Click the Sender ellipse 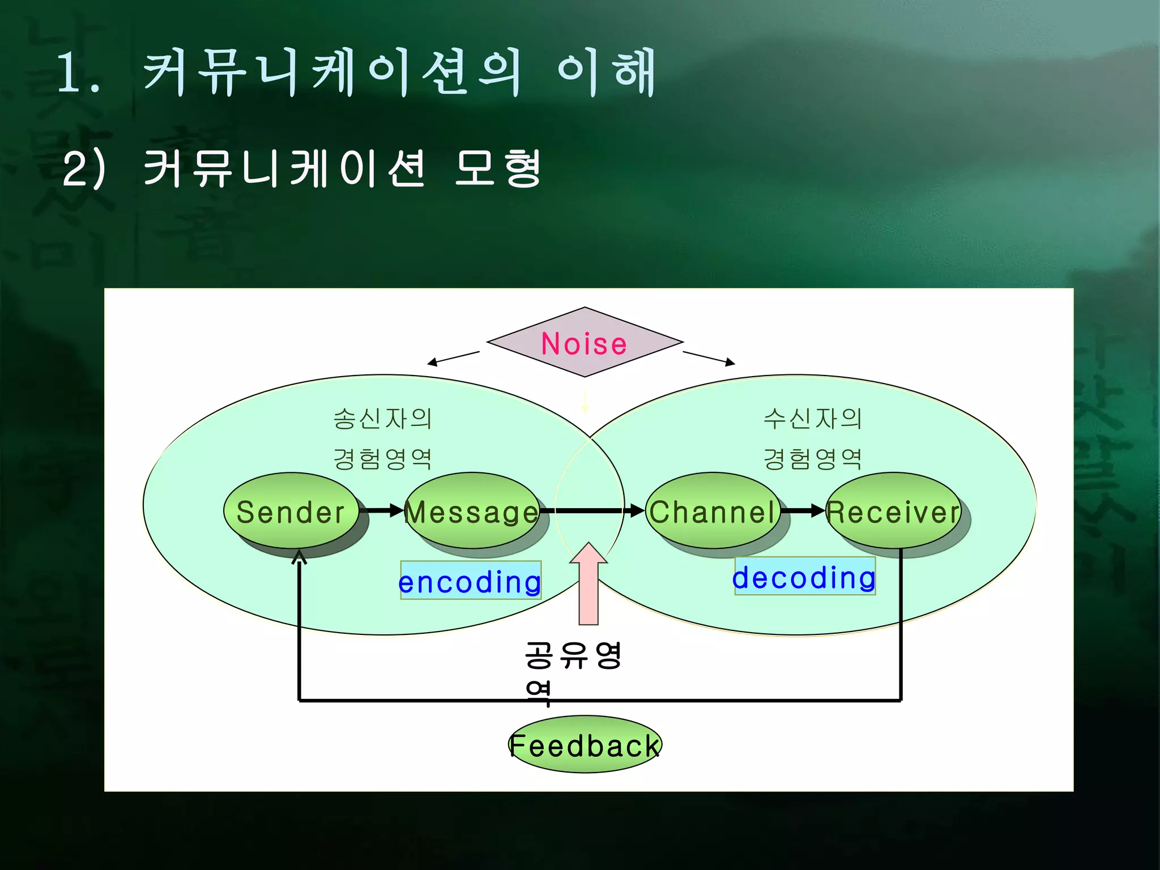[x=291, y=511]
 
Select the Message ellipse [x=471, y=511]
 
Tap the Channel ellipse [x=713, y=511]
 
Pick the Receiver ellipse [x=893, y=511]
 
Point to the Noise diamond [x=585, y=343]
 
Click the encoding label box [x=470, y=581]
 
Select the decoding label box [x=804, y=576]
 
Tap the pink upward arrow [x=588, y=583]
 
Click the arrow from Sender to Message [x=382, y=510]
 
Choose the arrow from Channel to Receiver [x=802, y=510]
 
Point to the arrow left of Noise [x=453, y=358]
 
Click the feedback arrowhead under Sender [x=299, y=557]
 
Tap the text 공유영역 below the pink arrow [x=572, y=671]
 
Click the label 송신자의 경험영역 [x=383, y=438]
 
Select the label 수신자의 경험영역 [x=813, y=438]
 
